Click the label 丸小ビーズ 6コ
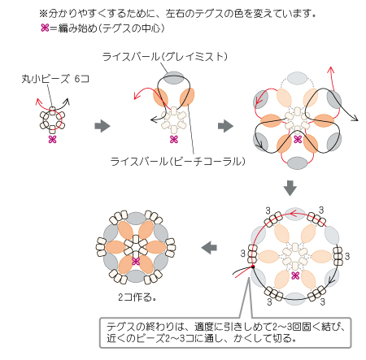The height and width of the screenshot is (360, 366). click(x=55, y=79)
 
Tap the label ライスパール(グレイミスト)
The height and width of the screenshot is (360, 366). click(x=165, y=57)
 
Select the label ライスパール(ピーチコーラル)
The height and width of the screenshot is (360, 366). click(x=178, y=162)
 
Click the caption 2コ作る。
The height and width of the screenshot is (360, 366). click(x=137, y=297)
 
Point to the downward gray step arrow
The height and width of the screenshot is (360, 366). click(x=290, y=188)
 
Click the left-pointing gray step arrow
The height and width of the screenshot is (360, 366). click(x=209, y=247)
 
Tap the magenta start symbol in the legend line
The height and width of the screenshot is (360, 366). click(x=45, y=28)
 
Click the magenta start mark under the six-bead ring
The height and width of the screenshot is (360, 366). click(x=52, y=139)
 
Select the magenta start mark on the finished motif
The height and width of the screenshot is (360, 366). click(x=136, y=262)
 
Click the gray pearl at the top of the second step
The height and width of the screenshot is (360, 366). click(x=174, y=78)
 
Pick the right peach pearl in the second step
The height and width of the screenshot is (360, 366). click(x=187, y=98)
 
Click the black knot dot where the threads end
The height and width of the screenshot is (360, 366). click(x=253, y=267)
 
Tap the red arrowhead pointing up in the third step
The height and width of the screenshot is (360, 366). click(x=331, y=70)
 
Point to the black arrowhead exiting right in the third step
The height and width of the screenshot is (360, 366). click(x=355, y=118)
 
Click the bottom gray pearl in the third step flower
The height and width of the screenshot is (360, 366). click(x=298, y=163)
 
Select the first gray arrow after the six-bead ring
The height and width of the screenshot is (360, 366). click(x=102, y=126)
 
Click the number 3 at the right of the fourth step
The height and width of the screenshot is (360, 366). click(x=347, y=256)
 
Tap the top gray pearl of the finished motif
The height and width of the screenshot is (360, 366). click(x=136, y=219)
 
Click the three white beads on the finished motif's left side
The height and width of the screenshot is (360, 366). click(x=102, y=247)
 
